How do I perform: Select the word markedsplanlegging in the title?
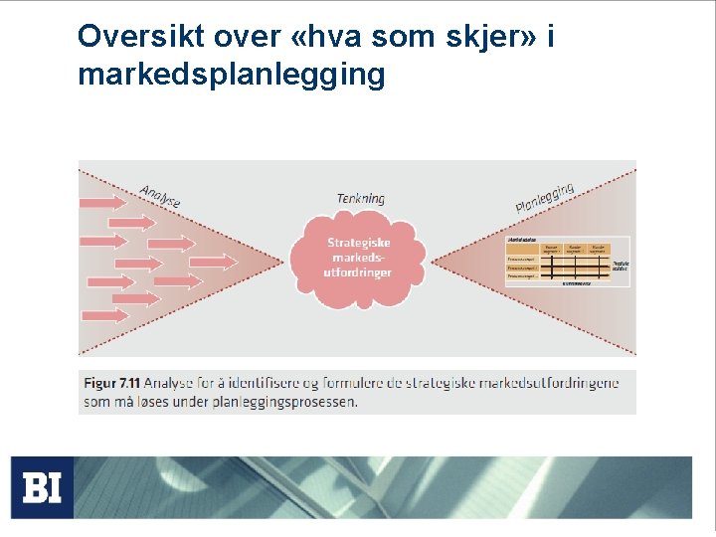(x=231, y=75)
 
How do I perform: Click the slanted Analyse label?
(x=160, y=196)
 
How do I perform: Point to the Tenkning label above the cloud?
(x=360, y=198)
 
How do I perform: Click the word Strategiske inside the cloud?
(x=359, y=243)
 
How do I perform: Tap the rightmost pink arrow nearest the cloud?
(x=215, y=262)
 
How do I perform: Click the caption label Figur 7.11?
(x=112, y=383)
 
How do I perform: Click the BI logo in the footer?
(x=42, y=488)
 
